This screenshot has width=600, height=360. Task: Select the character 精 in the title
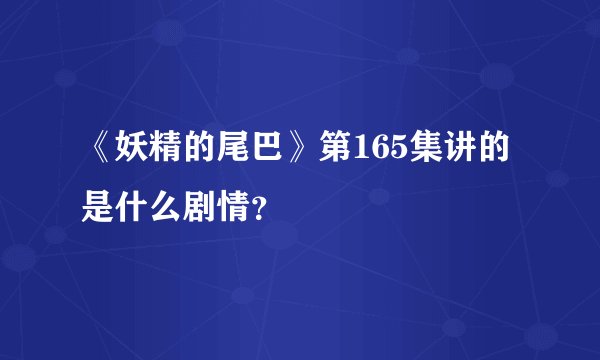click(x=171, y=152)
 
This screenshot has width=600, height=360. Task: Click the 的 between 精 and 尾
click(x=207, y=152)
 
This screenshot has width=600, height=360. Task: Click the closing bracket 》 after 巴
click(x=309, y=152)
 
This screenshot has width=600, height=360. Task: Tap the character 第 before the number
click(x=340, y=152)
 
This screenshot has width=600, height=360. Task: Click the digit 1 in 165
click(x=367, y=152)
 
